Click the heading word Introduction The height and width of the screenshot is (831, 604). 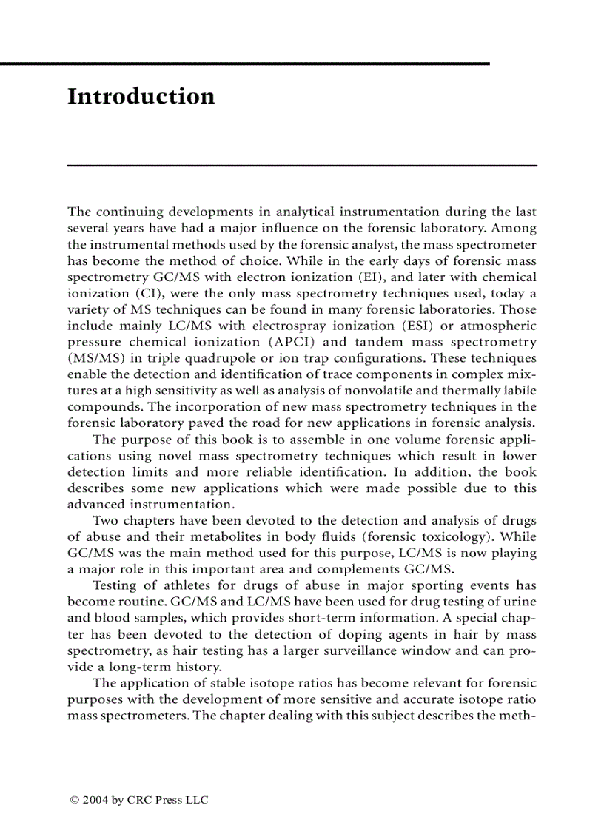pos(141,97)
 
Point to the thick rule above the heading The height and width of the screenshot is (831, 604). pos(244,64)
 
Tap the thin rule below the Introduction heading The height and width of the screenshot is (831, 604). pos(302,165)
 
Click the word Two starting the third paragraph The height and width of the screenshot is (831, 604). pos(105,521)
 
